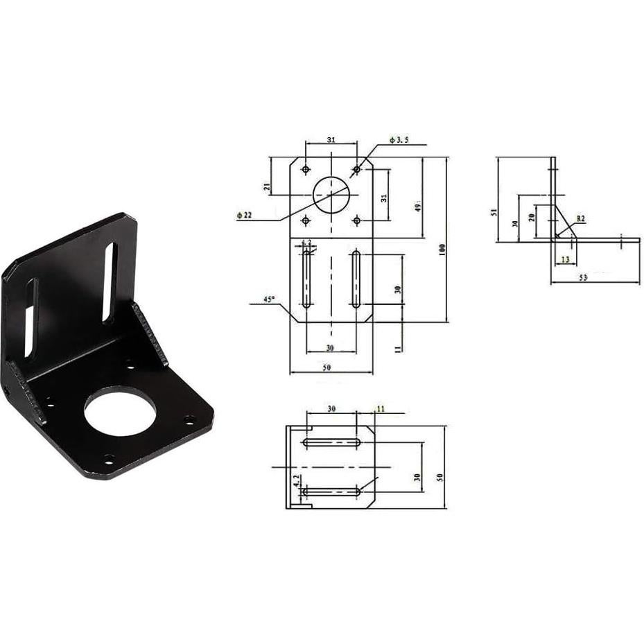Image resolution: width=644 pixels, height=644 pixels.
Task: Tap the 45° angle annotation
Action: click(269, 299)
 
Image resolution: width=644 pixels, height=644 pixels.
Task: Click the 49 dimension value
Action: click(418, 207)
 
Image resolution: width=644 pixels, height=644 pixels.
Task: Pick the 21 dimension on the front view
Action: click(266, 186)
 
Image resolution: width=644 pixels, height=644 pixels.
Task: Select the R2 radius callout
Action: click(580, 218)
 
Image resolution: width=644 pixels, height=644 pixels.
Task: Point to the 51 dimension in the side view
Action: click(494, 213)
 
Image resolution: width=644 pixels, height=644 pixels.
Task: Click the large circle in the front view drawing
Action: click(331, 195)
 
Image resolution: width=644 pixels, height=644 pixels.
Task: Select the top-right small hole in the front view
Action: click(356, 168)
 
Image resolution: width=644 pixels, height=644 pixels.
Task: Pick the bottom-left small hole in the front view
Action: click(305, 220)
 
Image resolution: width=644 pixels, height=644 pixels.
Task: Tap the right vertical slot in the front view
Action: click(356, 280)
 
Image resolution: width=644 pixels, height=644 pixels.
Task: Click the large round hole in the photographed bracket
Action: click(117, 412)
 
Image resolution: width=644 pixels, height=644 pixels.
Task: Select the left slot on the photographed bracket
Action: click(30, 317)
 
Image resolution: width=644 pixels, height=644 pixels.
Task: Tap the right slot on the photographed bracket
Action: click(109, 282)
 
